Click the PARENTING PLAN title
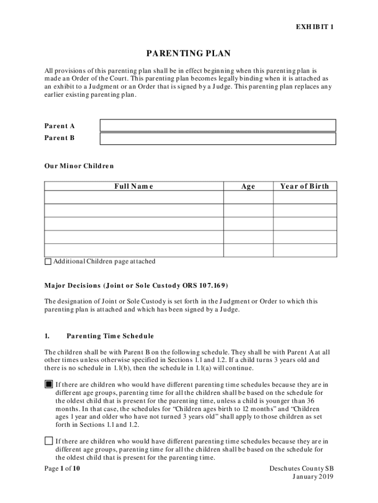[189, 53]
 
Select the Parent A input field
[217, 125]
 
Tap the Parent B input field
[217, 139]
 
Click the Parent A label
[60, 126]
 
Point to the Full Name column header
[134, 186]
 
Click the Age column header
[248, 186]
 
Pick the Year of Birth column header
[304, 186]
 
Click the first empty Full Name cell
[134, 197]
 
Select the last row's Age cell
[248, 250]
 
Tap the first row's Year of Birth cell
[304, 197]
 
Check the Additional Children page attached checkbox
[48, 262]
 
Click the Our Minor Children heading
[79, 166]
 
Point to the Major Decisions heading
[136, 285]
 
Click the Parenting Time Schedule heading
[110, 336]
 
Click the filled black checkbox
[49, 384]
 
